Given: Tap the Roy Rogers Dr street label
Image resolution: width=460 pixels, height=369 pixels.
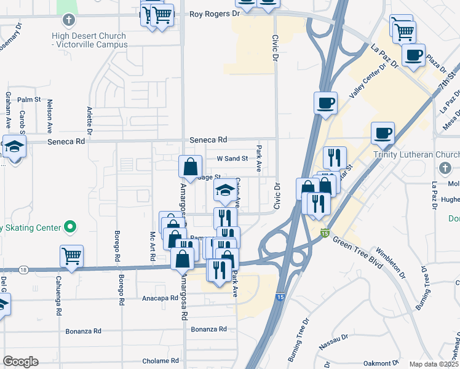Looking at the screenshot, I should tap(214, 14).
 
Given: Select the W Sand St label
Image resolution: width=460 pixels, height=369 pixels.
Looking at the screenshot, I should tap(232, 158).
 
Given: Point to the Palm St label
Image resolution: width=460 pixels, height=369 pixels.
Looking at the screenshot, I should tap(29, 99).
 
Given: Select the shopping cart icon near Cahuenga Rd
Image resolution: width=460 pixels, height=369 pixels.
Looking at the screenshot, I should tap(71, 255).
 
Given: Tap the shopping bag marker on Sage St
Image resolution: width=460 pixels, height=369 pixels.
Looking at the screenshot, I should tap(191, 165).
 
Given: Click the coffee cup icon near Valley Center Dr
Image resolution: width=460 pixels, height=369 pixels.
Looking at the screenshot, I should tap(325, 102).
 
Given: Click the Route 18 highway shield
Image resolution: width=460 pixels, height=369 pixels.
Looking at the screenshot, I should tap(23, 269).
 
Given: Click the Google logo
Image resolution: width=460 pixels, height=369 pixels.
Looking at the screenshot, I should tap(20, 361).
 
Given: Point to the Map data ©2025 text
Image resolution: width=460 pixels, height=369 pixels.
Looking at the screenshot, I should tap(434, 364).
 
